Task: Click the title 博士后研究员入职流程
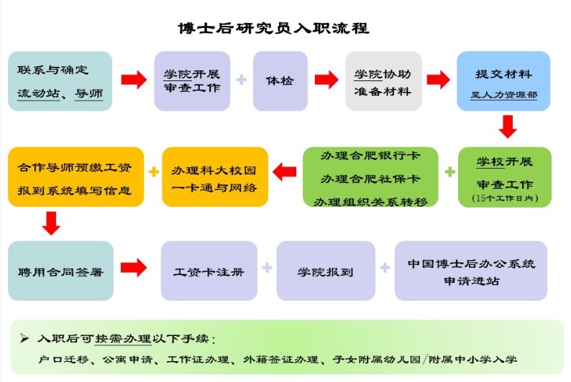[273, 28]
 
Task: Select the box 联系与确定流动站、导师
[60, 81]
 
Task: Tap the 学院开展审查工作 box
[192, 81]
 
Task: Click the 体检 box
[280, 81]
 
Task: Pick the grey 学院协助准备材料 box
[383, 81]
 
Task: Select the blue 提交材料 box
[504, 81]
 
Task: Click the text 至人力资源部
[504, 94]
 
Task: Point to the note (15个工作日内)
[504, 197]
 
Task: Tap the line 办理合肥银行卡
[371, 156]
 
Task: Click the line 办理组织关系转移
[371, 202]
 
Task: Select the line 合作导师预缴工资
[75, 167]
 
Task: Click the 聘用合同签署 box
[60, 272]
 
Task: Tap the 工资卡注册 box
[209, 272]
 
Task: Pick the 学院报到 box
[326, 272]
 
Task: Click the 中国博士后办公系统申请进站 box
[470, 272]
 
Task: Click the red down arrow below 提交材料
[508, 126]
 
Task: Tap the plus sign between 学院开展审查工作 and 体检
[242, 80]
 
